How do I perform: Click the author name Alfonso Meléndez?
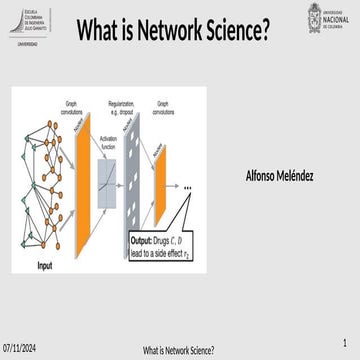pyautogui.click(x=279, y=176)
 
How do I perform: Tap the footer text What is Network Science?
pyautogui.click(x=179, y=351)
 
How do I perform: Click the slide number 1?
pyautogui.click(x=343, y=343)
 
